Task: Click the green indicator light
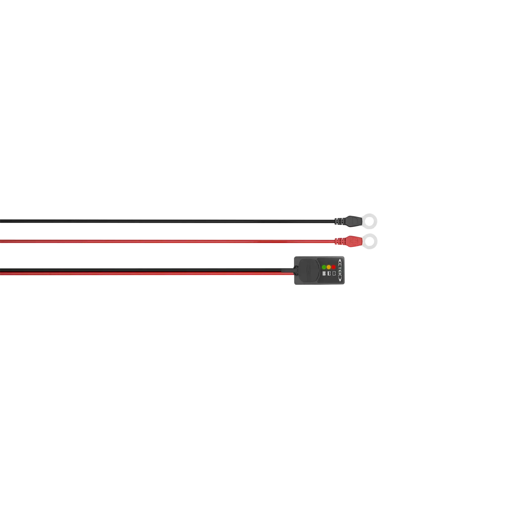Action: click(324, 267)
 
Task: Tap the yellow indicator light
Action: click(329, 267)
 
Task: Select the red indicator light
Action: click(334, 267)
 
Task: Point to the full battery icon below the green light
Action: click(324, 274)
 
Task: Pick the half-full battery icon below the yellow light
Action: click(329, 274)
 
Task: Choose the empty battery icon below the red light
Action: click(334, 274)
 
